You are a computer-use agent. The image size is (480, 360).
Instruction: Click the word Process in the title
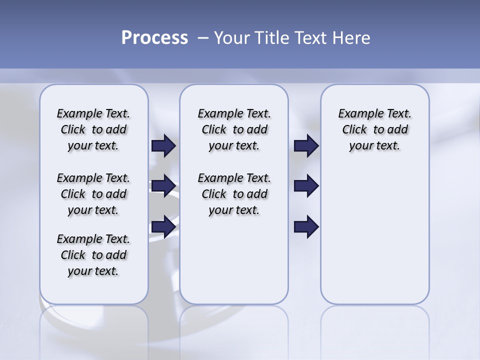coord(154,38)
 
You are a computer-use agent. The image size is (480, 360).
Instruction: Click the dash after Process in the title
coord(202,38)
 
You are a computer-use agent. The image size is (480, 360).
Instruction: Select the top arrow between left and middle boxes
coord(163,146)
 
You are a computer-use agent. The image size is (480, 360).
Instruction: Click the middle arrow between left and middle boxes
coord(163,186)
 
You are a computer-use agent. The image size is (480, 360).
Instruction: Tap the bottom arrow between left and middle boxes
coord(163,226)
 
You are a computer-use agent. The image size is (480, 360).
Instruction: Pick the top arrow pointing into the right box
coord(306,146)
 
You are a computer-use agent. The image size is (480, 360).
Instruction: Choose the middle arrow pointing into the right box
coord(306,186)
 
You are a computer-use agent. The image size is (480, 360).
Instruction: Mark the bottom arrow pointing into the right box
coord(306,226)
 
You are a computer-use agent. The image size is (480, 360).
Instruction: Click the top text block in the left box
coord(93,129)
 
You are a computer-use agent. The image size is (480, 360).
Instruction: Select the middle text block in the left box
coord(93,194)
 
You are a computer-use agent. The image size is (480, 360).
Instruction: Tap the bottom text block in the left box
coord(93,255)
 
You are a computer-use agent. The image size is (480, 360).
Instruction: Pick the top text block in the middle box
coord(234,129)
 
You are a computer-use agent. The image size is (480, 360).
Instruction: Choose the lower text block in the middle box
coord(234,194)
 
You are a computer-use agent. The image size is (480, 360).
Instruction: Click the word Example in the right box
coord(357,114)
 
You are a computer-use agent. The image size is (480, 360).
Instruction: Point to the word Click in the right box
coord(354,130)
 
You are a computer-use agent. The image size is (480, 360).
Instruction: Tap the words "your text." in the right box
coord(374,146)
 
